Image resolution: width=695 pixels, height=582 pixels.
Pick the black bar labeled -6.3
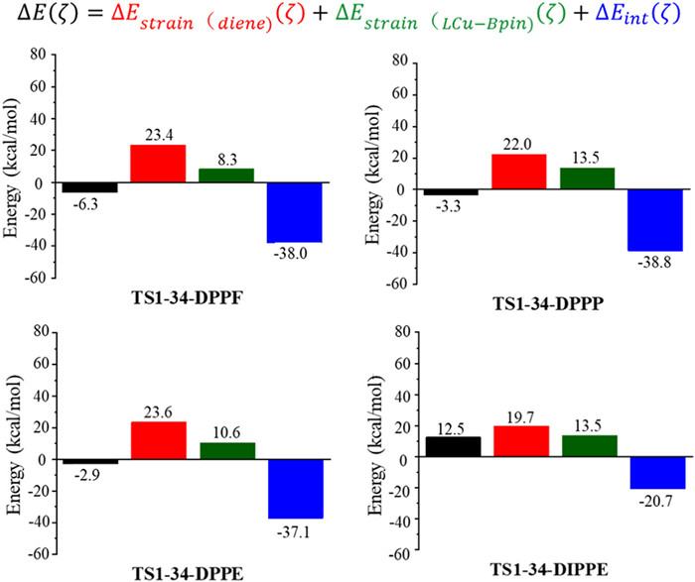(89, 187)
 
